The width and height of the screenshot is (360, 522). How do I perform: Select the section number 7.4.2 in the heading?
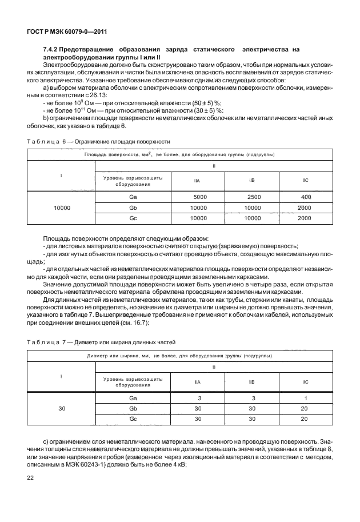click(53, 50)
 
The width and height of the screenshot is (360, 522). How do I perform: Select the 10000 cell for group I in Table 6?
click(62, 208)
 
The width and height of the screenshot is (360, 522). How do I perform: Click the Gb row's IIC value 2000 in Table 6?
click(305, 208)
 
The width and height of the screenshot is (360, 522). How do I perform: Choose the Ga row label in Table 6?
click(133, 197)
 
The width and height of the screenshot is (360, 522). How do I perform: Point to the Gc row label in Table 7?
click(133, 419)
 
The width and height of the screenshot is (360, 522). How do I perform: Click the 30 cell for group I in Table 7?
click(62, 408)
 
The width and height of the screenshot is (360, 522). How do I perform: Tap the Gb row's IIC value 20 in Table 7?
click(305, 408)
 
